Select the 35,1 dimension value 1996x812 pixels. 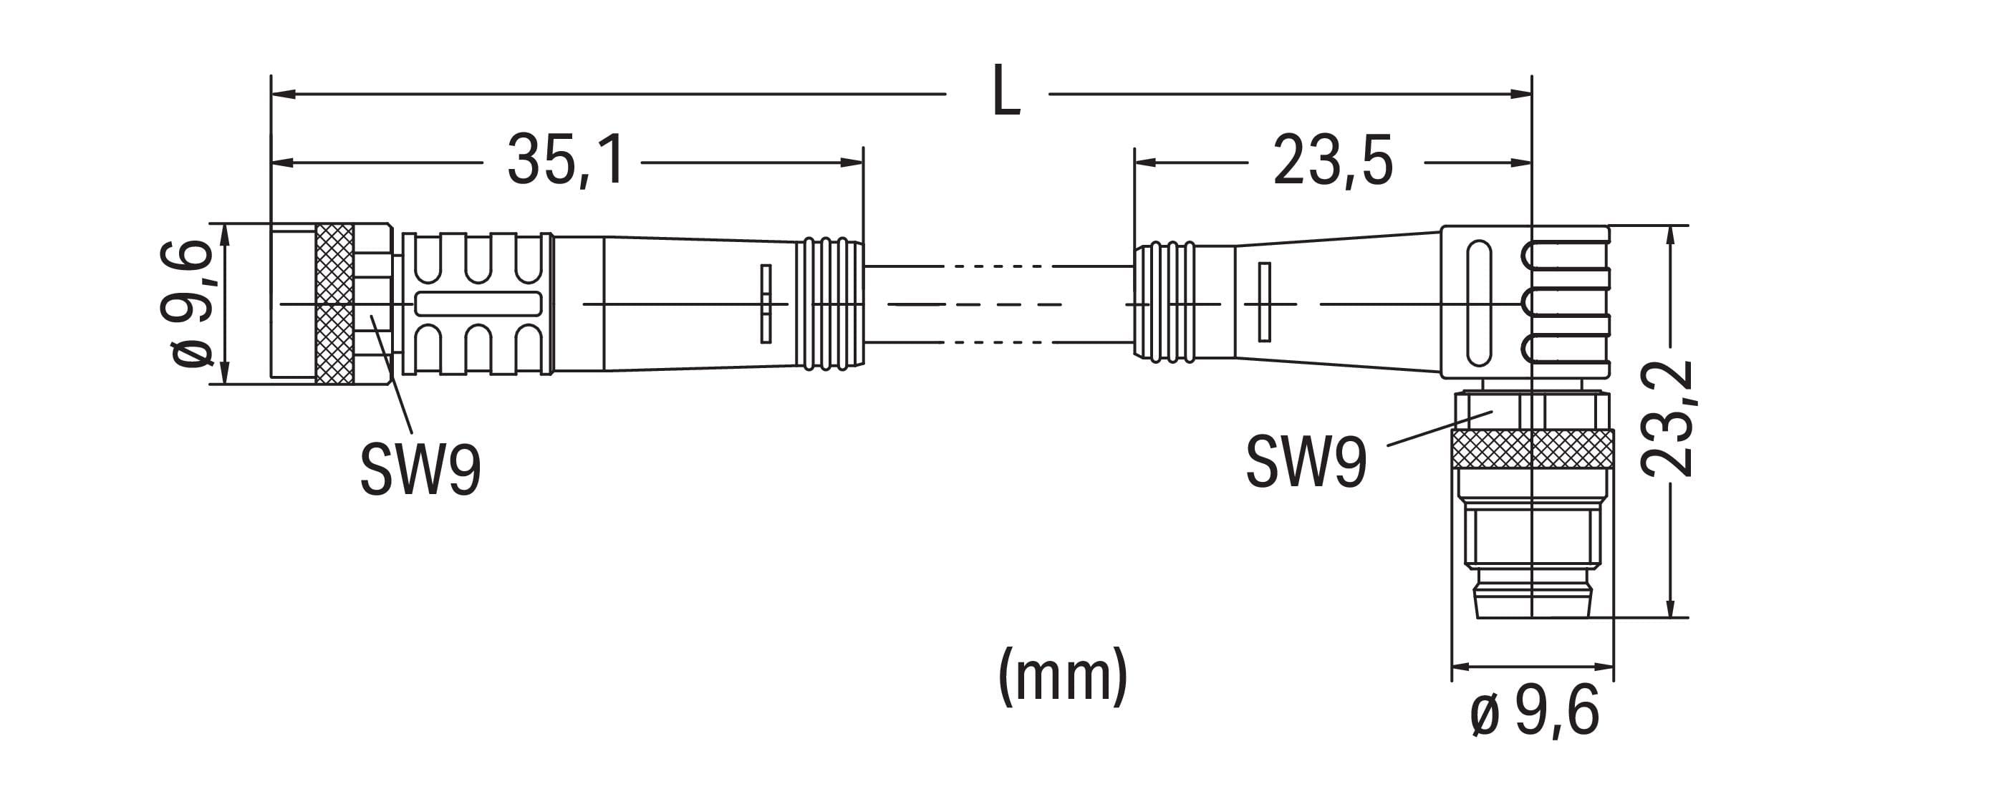pyautogui.click(x=565, y=161)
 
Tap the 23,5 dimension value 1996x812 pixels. pyautogui.click(x=1333, y=161)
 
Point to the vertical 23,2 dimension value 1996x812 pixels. pyautogui.click(x=1667, y=419)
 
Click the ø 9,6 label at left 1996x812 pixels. pyautogui.click(x=186, y=303)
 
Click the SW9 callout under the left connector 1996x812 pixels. pyautogui.click(x=420, y=469)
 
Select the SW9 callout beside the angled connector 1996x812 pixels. pyautogui.click(x=1306, y=463)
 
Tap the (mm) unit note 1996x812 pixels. pyautogui.click(x=1062, y=676)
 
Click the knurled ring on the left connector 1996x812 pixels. pyautogui.click(x=334, y=303)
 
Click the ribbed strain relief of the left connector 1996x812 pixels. pyautogui.click(x=831, y=303)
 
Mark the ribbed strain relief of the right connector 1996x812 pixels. pyautogui.click(x=1165, y=303)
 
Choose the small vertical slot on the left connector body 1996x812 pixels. pyautogui.click(x=766, y=303)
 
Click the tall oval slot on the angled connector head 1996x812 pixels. pyautogui.click(x=1478, y=303)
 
